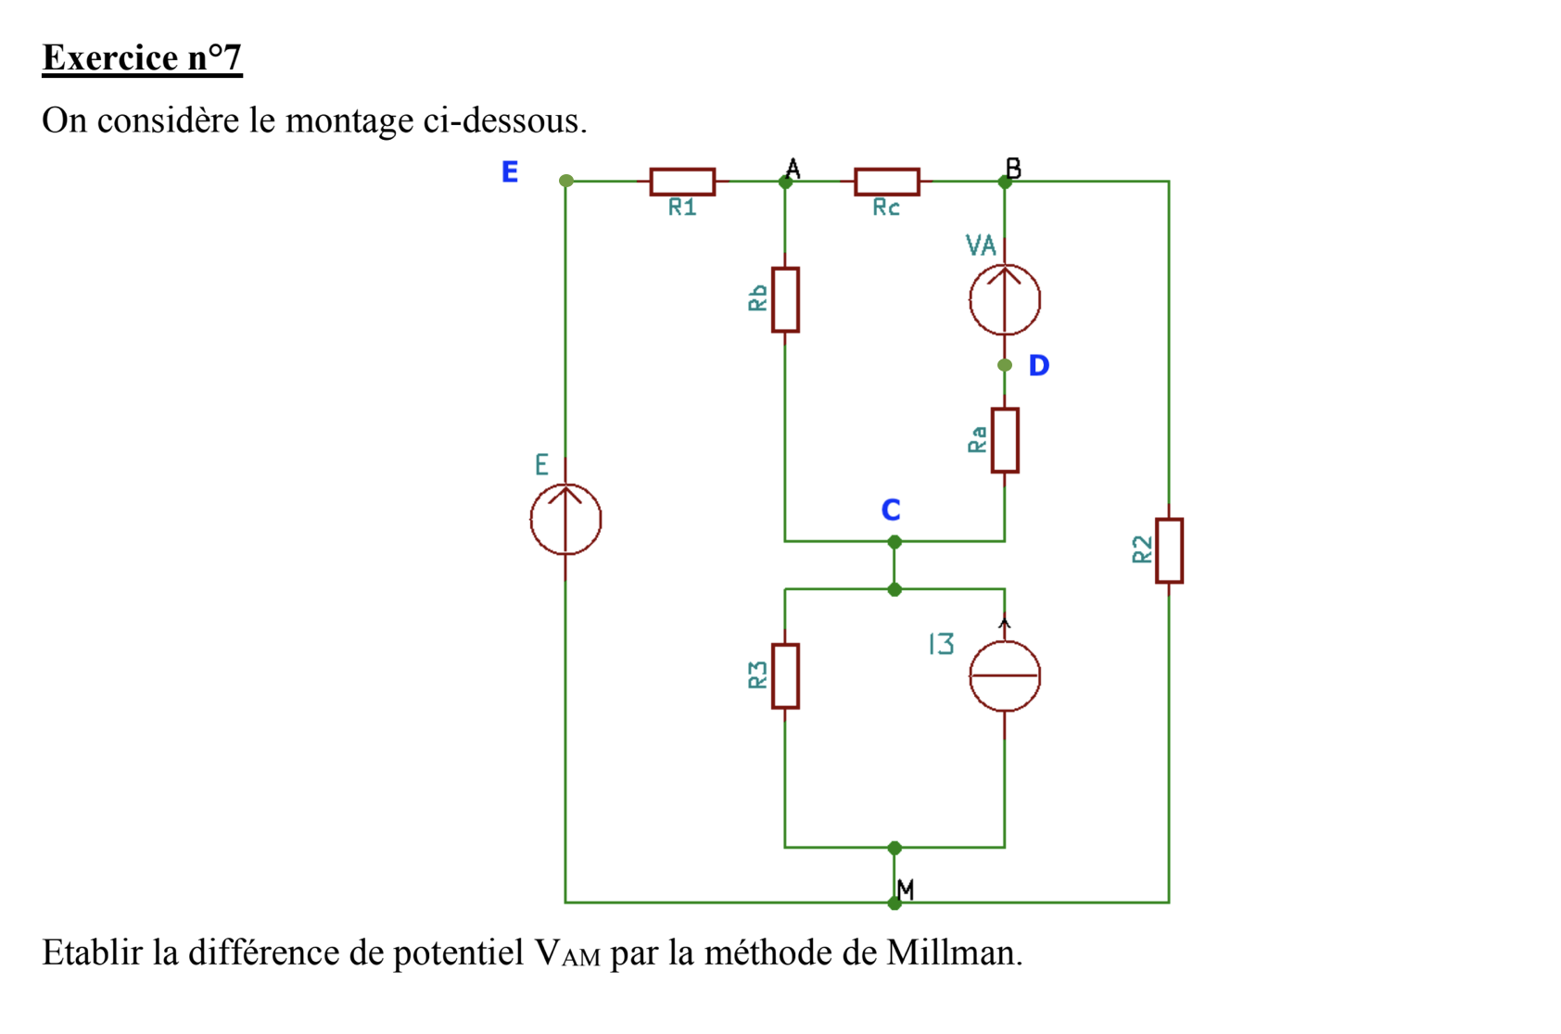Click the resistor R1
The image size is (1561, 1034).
coord(682,182)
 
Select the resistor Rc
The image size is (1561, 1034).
coord(886,182)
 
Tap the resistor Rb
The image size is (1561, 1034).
coord(785,300)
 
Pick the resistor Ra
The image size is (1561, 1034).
coord(1005,440)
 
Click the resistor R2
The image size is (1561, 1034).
coord(1169,550)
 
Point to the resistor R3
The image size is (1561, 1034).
coord(785,676)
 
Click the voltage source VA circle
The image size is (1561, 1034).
coord(1005,299)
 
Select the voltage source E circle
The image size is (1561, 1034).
coord(565,519)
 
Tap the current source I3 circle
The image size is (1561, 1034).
coord(1005,676)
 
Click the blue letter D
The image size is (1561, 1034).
coord(1039,366)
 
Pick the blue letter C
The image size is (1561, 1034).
coord(891,511)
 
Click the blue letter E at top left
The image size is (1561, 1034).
coord(510,172)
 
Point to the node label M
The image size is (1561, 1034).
coord(906,890)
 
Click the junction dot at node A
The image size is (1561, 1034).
coord(785,183)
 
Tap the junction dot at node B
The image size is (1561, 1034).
coord(1005,183)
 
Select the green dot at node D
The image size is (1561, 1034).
coord(1005,366)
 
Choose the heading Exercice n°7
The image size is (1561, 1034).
coord(142,58)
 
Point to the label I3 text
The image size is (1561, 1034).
coord(941,644)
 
